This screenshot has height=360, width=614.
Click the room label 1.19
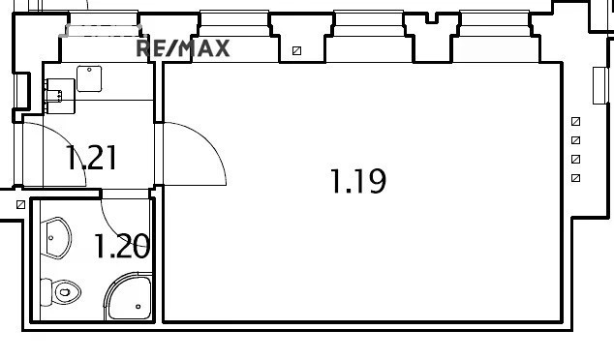[358, 181]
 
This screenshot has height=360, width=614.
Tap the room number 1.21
[92, 158]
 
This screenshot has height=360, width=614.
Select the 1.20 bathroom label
[122, 246]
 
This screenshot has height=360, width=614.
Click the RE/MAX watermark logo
[182, 48]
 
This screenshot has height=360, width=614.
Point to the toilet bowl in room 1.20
[67, 292]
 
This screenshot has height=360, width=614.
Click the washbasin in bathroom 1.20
[58, 238]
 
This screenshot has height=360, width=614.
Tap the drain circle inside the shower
[138, 307]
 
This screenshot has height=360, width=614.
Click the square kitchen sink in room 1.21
[89, 78]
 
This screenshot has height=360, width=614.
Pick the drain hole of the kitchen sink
[89, 70]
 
